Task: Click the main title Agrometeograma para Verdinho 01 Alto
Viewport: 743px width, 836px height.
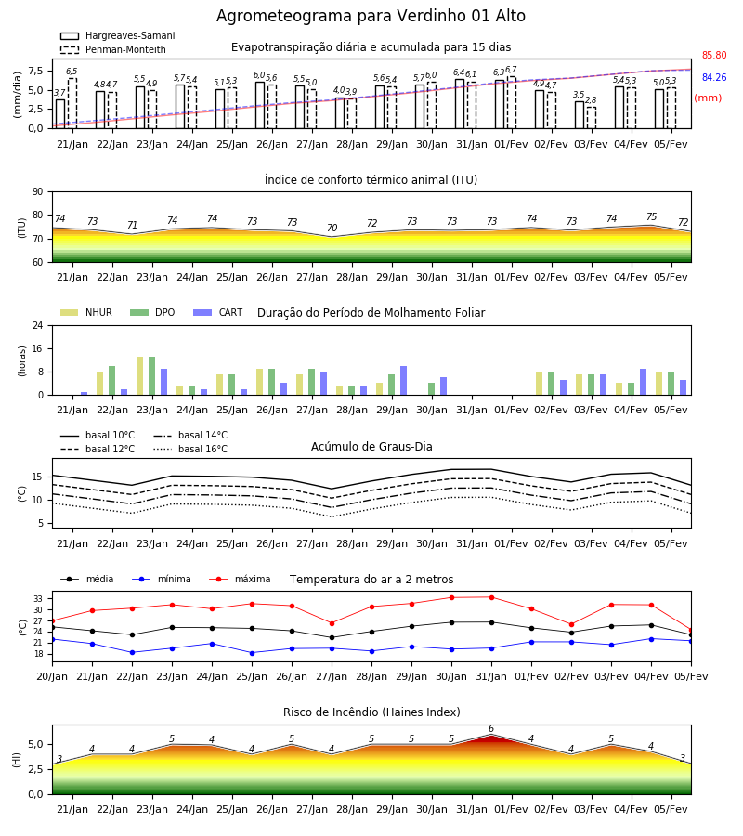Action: point(371,16)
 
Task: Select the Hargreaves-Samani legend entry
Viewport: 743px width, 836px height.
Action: point(117,35)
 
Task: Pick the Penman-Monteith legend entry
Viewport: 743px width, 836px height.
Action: point(113,49)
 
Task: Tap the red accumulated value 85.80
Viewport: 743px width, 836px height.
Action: point(714,55)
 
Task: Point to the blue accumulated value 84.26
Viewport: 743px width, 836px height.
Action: point(714,77)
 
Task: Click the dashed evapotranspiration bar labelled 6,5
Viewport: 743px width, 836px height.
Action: point(72,103)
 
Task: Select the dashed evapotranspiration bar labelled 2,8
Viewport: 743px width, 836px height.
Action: point(592,118)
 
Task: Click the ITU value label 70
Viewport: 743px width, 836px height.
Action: point(332,228)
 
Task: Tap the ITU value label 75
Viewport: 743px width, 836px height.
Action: point(651,216)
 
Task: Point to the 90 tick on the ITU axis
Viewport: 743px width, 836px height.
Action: point(38,192)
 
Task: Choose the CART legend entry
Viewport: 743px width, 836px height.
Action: point(217,312)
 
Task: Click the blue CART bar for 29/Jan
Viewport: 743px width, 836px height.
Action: point(403,381)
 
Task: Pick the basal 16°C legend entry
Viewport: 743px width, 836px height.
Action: point(190,449)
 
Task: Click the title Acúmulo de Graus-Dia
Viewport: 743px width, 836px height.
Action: point(371,447)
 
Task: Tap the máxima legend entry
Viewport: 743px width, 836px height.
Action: point(240,579)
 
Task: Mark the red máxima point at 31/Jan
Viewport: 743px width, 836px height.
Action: point(491,597)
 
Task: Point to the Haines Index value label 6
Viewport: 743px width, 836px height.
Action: point(491,729)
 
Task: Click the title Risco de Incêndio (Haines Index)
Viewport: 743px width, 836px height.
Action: point(371,712)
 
